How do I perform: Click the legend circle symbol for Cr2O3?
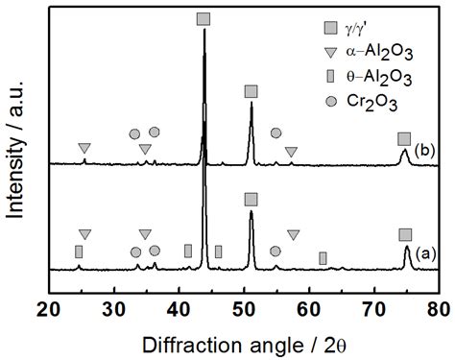(x=330, y=100)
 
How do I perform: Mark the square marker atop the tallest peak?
(x=203, y=19)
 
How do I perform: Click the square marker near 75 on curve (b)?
(x=404, y=139)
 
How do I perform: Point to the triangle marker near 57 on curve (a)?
(x=292, y=234)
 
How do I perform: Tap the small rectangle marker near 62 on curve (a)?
(x=323, y=257)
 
